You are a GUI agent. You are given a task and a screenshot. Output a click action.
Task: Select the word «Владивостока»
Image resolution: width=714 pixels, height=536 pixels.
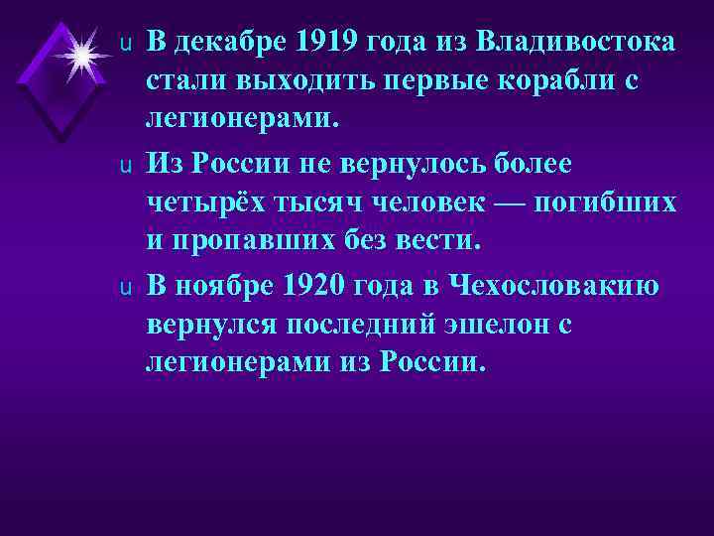coord(577,44)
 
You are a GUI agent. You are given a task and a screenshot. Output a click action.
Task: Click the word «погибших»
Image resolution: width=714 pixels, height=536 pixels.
coord(607,202)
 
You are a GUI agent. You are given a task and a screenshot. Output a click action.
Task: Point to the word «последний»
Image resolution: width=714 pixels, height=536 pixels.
coord(366,325)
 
